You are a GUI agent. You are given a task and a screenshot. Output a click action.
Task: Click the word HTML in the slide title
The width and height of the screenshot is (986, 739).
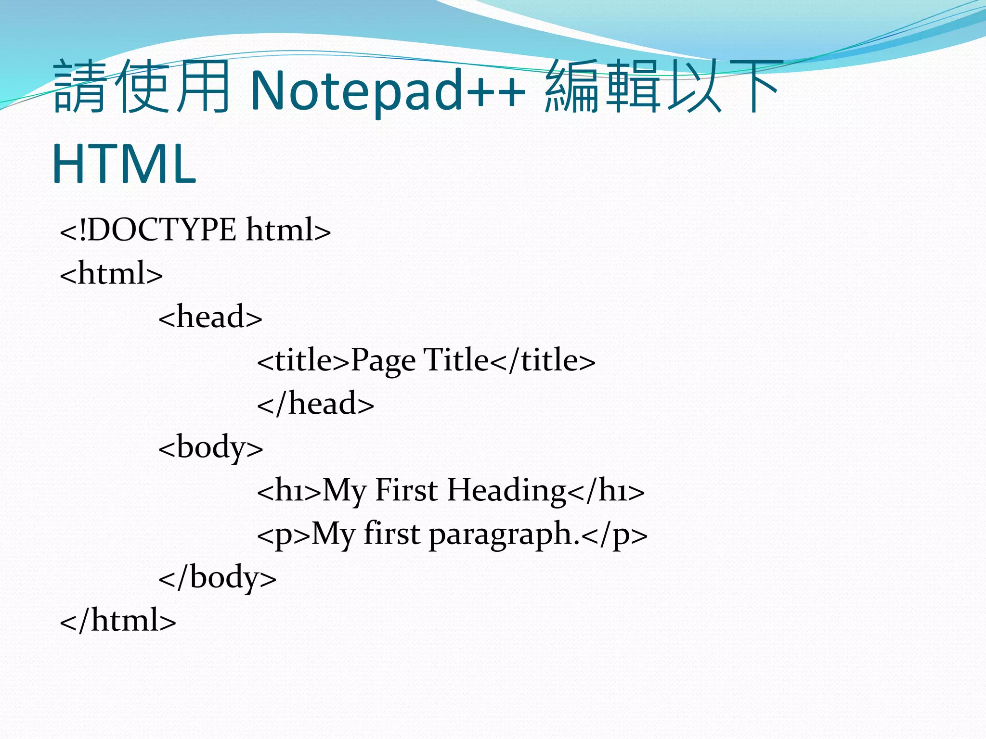[124, 164]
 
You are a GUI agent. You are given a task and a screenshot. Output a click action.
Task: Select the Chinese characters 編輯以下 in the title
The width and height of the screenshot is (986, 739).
[662, 87]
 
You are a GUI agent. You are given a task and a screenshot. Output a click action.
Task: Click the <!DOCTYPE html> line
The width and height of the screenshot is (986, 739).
[195, 230]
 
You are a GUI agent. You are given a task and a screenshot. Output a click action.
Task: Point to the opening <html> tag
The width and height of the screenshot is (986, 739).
[111, 274]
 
